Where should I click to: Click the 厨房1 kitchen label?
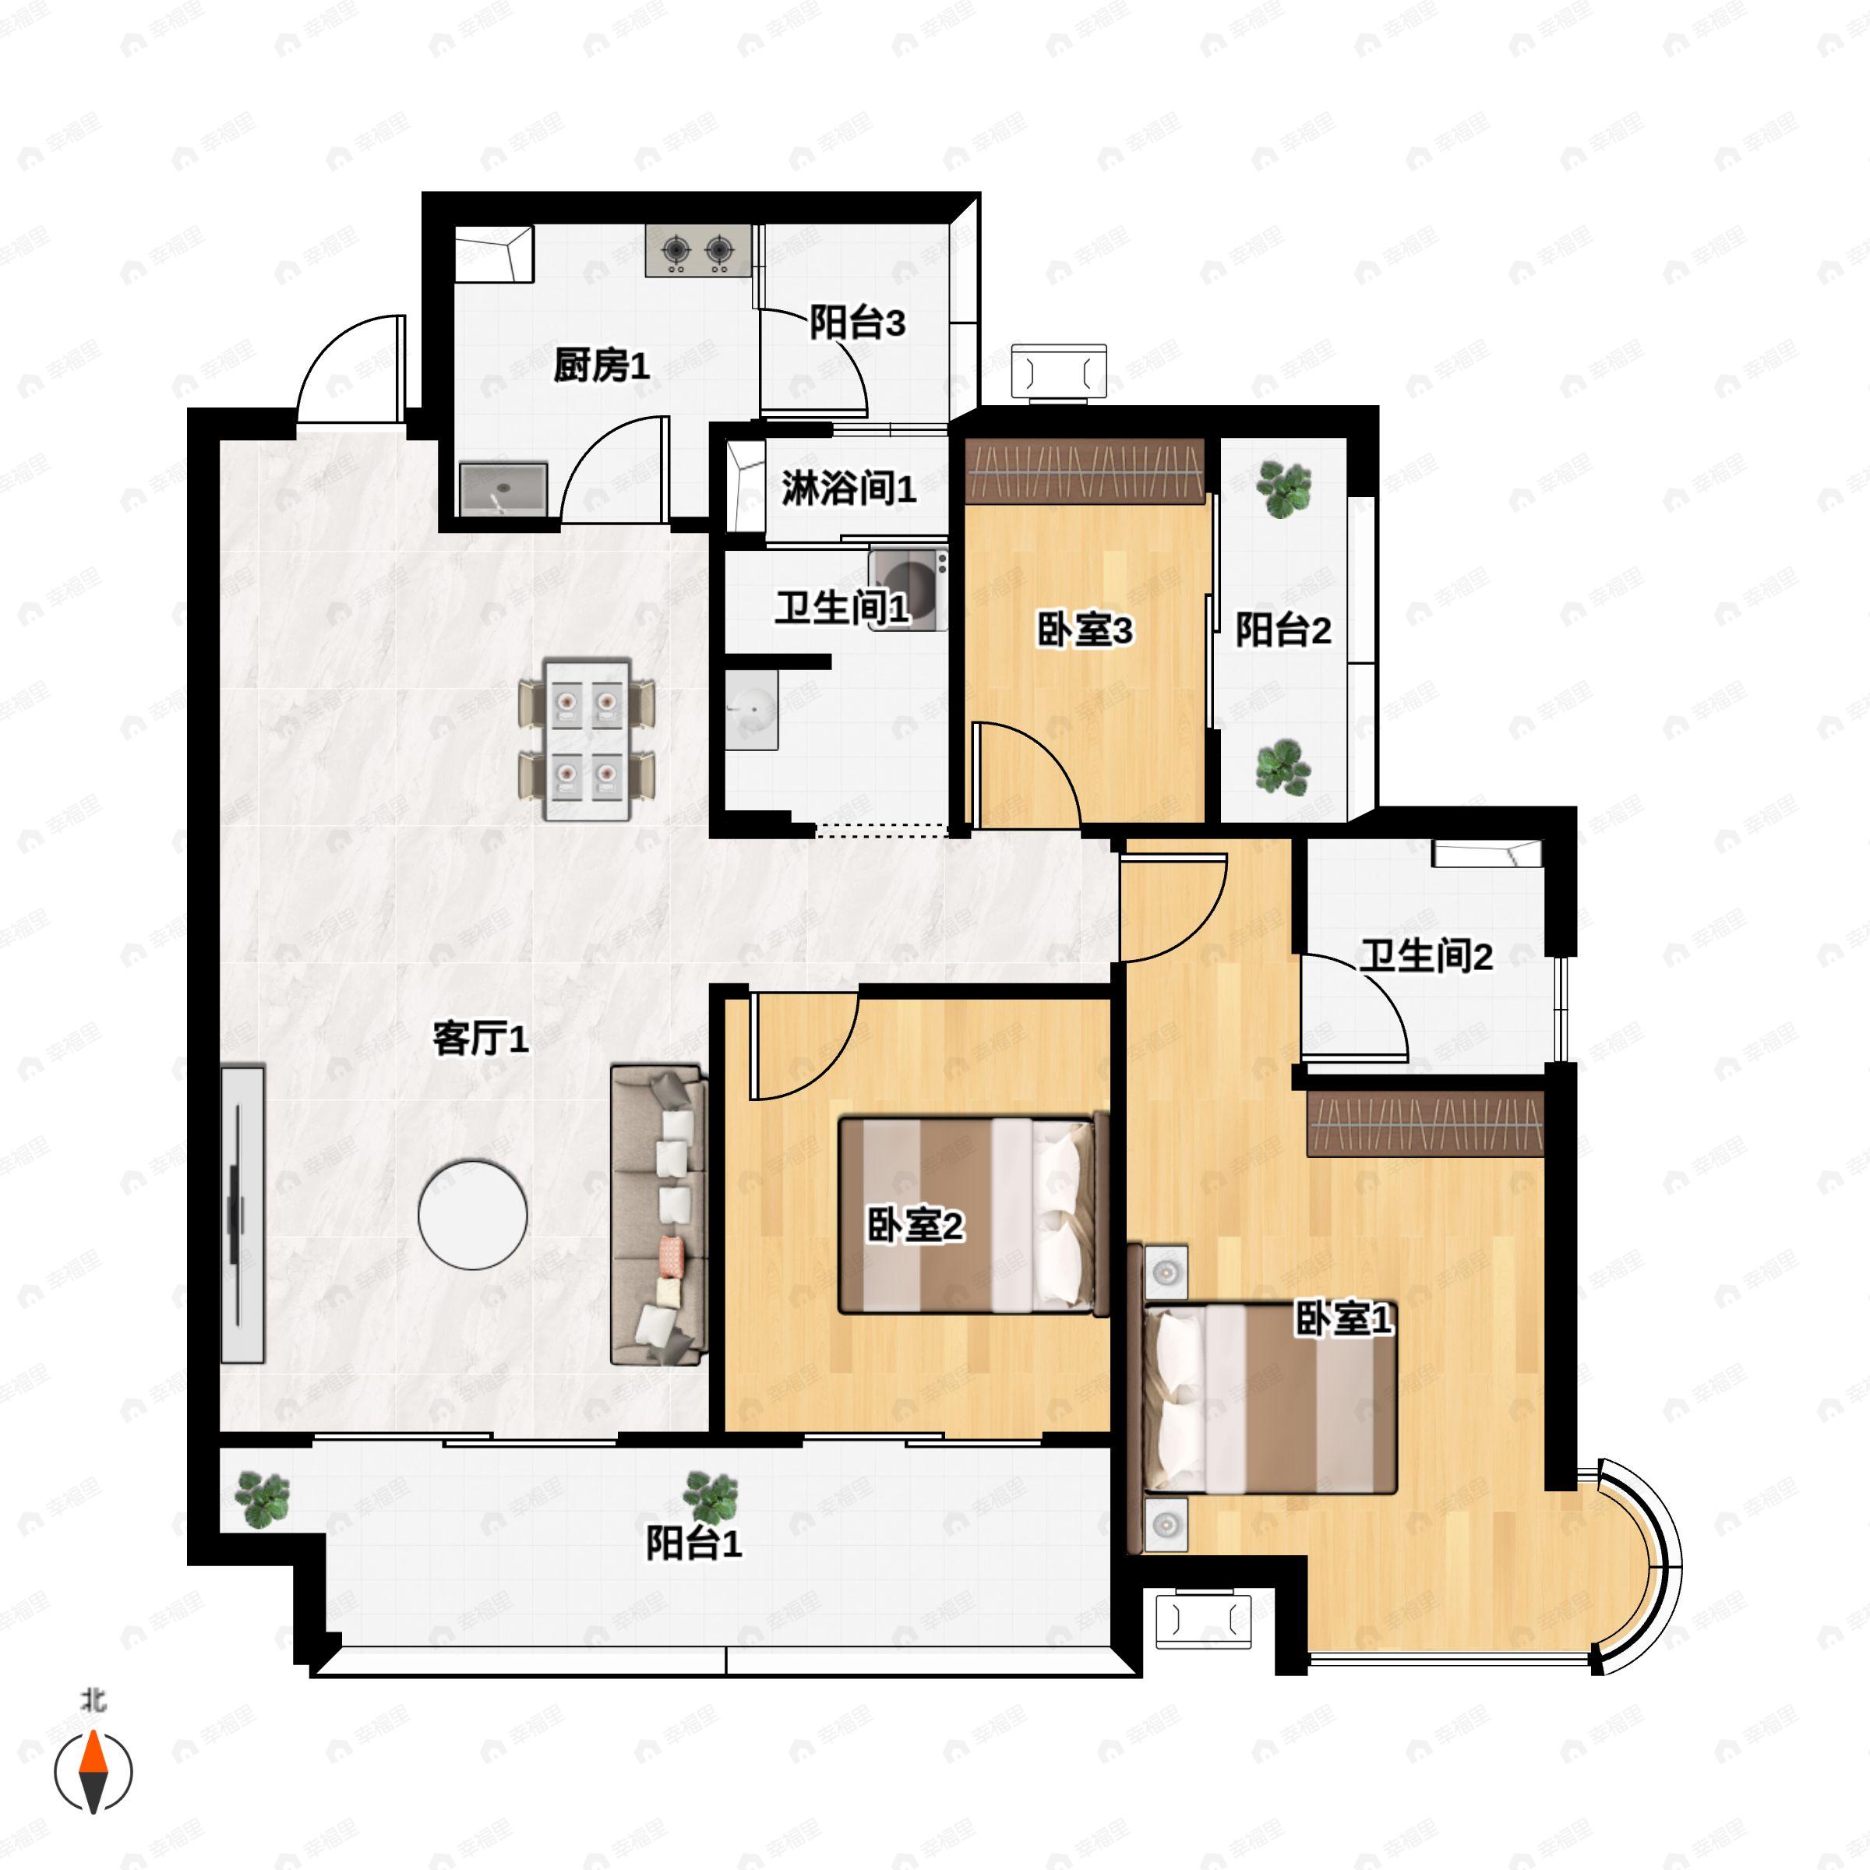(x=601, y=366)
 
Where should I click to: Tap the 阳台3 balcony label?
(x=858, y=323)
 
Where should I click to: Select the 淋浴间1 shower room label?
(x=849, y=488)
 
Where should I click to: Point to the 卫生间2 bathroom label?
(x=1426, y=956)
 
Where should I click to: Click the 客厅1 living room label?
(x=480, y=1039)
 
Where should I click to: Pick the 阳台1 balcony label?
(x=694, y=1543)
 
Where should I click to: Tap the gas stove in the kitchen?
(x=698, y=251)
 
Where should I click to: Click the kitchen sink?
(x=503, y=490)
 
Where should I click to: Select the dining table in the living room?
(x=587, y=739)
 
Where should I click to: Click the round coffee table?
(x=472, y=1215)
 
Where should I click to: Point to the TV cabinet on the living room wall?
(x=242, y=1215)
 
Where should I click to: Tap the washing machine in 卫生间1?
(x=908, y=590)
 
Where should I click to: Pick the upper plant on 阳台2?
(x=1283, y=488)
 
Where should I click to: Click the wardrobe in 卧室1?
(x=1425, y=1124)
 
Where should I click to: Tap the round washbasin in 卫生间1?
(x=752, y=710)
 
